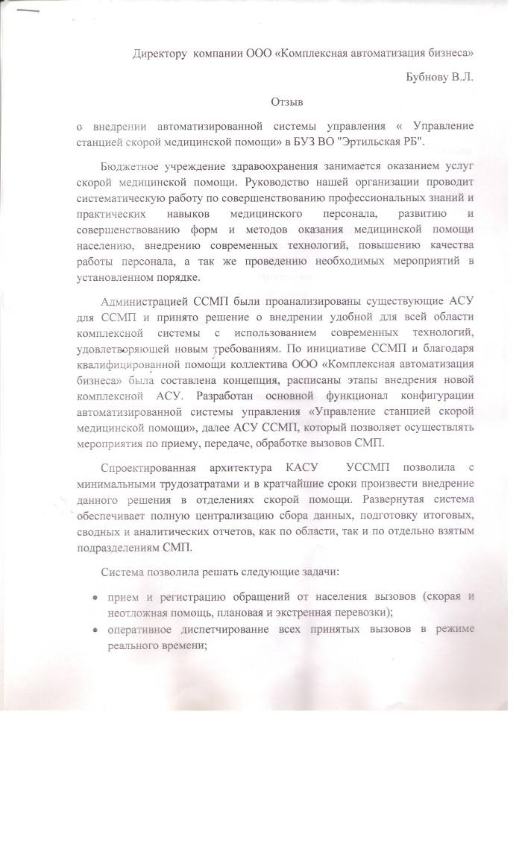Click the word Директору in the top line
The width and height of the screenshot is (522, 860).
coord(160,54)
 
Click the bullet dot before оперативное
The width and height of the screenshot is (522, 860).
coord(93,631)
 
